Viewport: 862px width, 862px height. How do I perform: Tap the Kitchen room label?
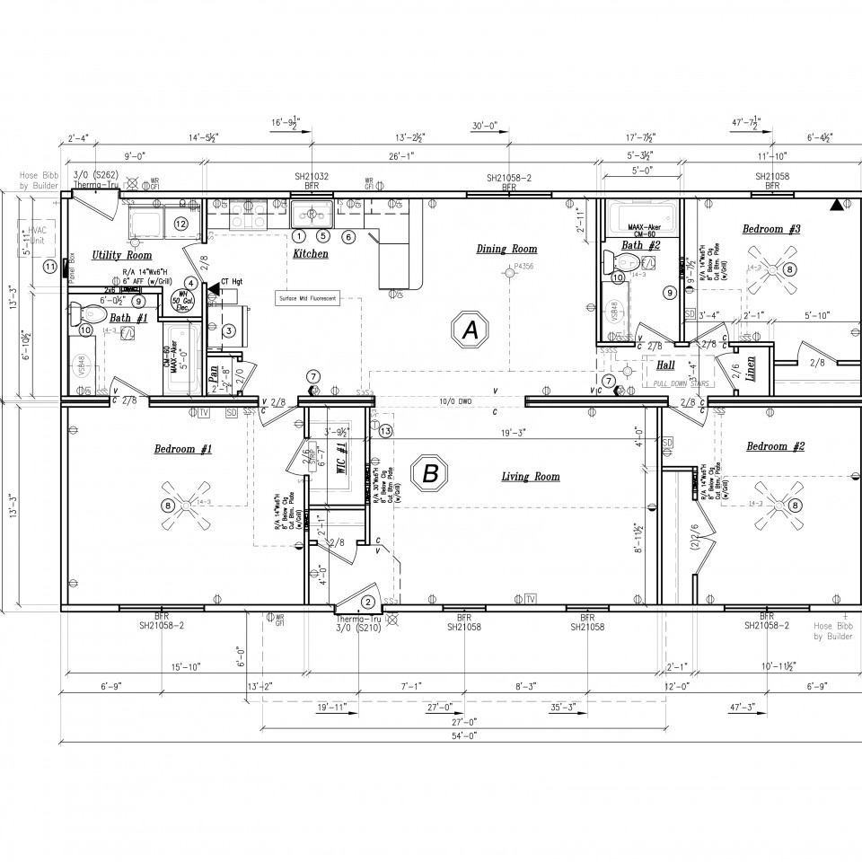point(310,254)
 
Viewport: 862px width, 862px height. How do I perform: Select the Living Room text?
point(530,477)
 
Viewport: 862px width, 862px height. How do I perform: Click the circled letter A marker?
point(468,330)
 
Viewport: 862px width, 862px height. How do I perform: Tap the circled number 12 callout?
point(180,223)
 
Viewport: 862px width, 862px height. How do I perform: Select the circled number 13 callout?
point(386,431)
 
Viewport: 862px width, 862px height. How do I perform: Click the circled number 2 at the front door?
point(368,603)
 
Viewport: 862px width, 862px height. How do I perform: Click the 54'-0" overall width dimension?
point(462,735)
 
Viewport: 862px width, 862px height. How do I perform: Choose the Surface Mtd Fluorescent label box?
point(308,297)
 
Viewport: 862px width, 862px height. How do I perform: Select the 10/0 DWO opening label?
point(456,400)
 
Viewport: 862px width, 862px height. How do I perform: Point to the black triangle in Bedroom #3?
point(837,206)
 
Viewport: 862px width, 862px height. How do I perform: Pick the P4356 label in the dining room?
point(523,267)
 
